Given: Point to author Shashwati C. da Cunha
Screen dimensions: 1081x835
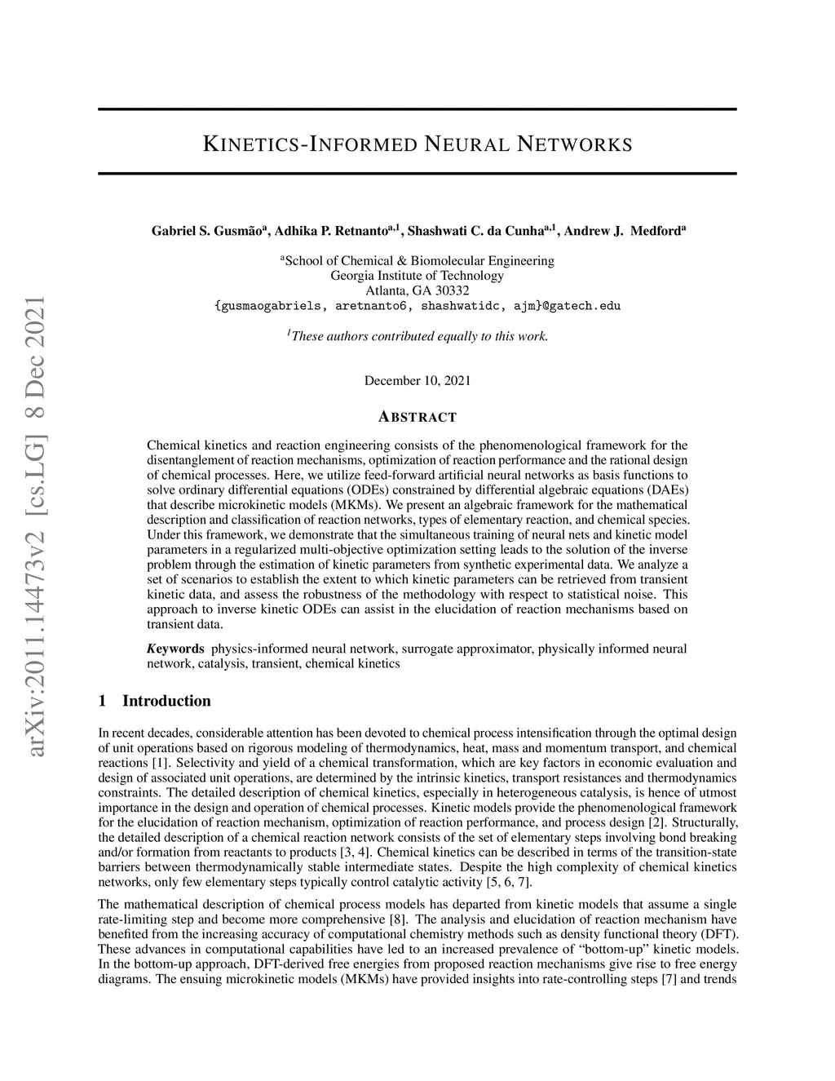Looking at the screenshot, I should pyautogui.click(x=477, y=232).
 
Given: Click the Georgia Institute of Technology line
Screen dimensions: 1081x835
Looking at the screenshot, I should pyautogui.click(x=417, y=276).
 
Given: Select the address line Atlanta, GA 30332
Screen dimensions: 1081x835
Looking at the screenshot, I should pyautogui.click(x=417, y=290).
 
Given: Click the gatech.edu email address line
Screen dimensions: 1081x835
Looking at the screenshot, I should pyautogui.click(x=417, y=306).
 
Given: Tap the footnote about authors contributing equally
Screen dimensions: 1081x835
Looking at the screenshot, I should pyautogui.click(x=417, y=335).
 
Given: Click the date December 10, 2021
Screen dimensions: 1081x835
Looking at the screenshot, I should pyautogui.click(x=417, y=381).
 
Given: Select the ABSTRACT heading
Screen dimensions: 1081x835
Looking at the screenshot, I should pyautogui.click(x=417, y=418).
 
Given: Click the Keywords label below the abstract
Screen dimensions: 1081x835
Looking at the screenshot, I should pyautogui.click(x=176, y=649).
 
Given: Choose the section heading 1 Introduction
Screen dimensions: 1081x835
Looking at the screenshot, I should pyautogui.click(x=154, y=701).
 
